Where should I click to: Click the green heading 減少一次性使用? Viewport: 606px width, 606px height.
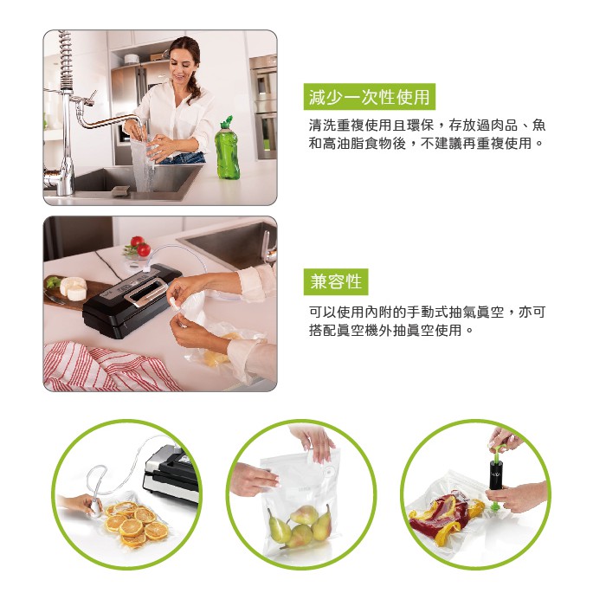coord(369,97)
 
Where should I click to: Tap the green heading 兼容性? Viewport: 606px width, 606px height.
coord(336,281)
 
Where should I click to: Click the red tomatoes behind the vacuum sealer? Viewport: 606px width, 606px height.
coord(140,246)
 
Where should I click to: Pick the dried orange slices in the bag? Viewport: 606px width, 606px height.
coord(136,525)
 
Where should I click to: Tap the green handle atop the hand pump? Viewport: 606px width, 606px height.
coord(498,450)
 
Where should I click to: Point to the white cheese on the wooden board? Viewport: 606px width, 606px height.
coord(74,287)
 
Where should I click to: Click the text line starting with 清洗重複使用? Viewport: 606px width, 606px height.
coord(427,126)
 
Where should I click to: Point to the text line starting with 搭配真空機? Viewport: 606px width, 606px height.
coord(390,331)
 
